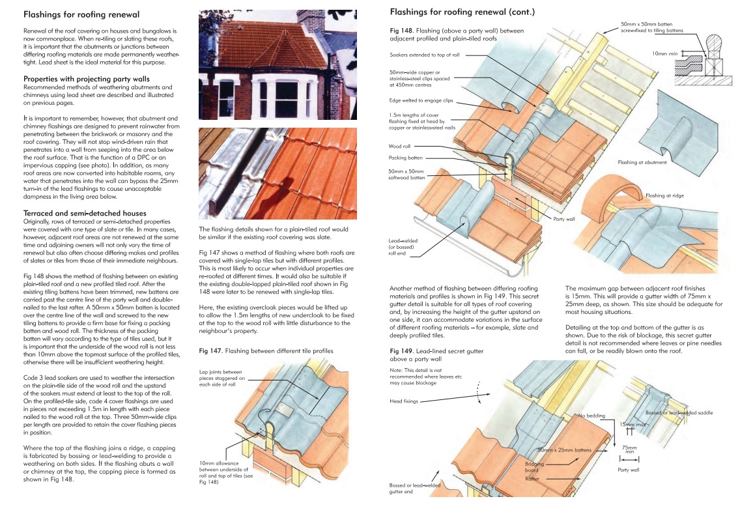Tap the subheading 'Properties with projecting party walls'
pyautogui.click(x=87, y=79)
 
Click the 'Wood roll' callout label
pyautogui.click(x=403, y=147)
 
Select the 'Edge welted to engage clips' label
pyautogui.click(x=421, y=100)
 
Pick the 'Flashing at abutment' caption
pyautogui.click(x=642, y=162)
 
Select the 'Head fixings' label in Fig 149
pyautogui.click(x=404, y=401)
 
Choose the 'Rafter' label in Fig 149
pyautogui.click(x=532, y=479)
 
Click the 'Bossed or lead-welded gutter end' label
pyautogui.click(x=414, y=488)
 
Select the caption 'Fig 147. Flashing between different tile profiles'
pyautogui.click(x=266, y=350)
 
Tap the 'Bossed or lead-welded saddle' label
pyautogui.click(x=679, y=413)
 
